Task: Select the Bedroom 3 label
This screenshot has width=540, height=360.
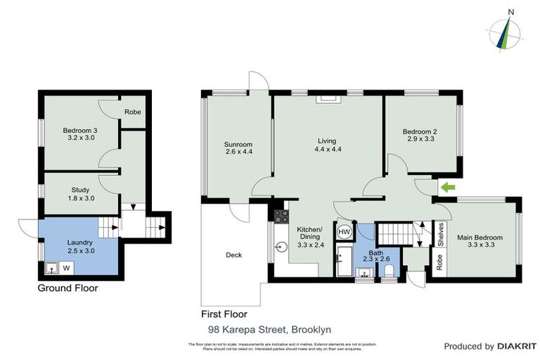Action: pos(79,131)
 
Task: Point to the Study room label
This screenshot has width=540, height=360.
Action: pos(79,190)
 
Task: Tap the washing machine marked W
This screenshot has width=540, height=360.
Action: pos(67,267)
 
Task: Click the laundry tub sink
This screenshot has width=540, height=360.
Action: pos(51,267)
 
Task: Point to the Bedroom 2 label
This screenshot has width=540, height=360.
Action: pos(420,131)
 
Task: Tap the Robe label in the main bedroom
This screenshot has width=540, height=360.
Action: pos(440,262)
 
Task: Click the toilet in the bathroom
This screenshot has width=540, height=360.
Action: pos(386,271)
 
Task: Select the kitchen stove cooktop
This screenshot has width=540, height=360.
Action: pos(281,216)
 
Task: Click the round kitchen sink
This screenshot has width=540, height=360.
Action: pos(281,247)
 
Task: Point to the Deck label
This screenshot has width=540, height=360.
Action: pos(233,255)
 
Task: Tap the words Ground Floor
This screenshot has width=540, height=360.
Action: pos(67,288)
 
